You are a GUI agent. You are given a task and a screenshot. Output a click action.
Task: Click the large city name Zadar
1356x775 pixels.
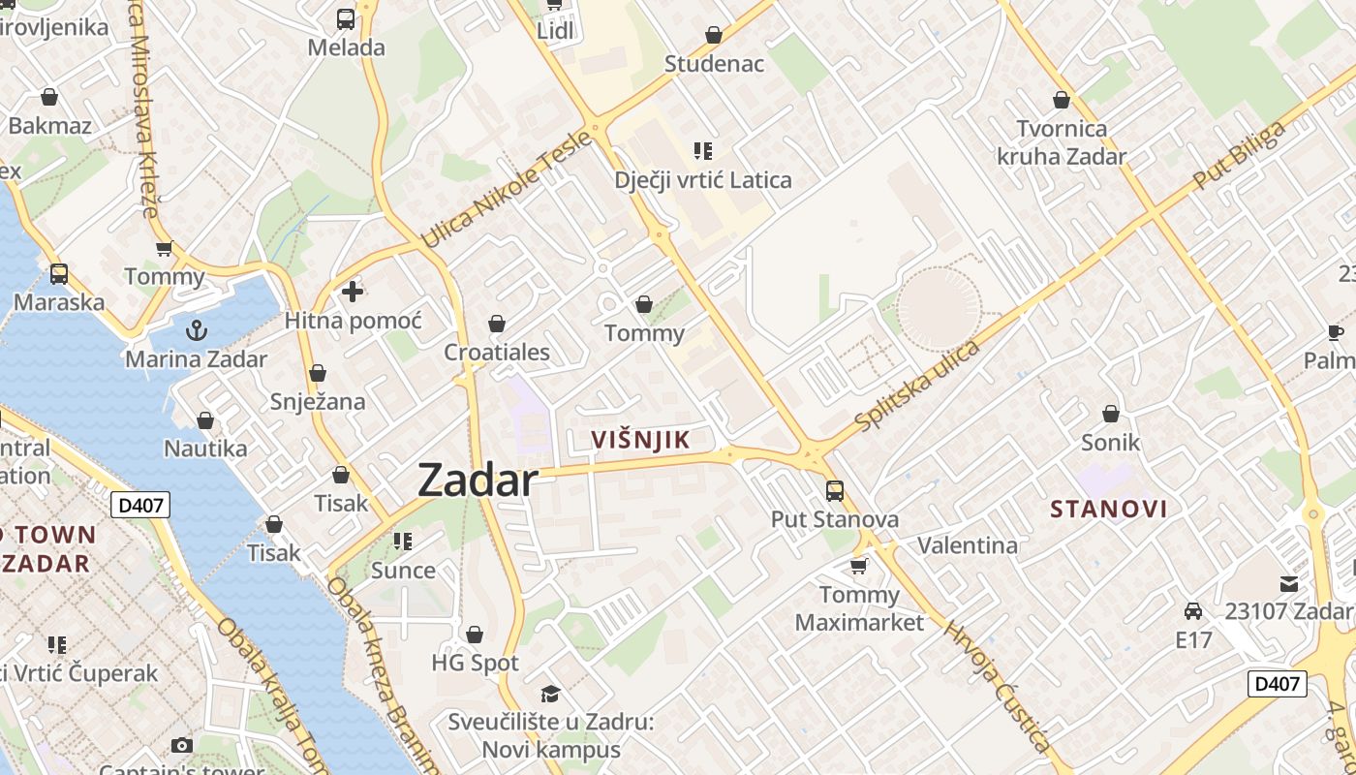coord(478,480)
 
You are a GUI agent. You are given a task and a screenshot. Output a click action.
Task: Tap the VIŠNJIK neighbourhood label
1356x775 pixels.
coord(641,440)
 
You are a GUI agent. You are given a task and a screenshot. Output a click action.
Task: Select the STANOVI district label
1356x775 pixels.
coord(1108,509)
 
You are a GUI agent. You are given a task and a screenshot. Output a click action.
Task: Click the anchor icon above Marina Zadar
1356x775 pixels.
coord(197,330)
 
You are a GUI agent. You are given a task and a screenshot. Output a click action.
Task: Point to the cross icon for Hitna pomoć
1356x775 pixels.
coord(353,291)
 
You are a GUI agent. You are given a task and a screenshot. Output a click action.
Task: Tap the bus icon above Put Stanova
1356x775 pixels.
coord(834,491)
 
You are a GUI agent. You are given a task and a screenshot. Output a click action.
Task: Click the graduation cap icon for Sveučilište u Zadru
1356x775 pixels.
coord(550,694)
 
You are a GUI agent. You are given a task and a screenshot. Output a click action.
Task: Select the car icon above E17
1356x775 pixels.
coord(1193,611)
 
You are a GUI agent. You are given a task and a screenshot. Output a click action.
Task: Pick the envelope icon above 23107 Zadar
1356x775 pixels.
coord(1288,584)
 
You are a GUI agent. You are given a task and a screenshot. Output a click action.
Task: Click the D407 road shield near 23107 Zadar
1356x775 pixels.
coord(1277,684)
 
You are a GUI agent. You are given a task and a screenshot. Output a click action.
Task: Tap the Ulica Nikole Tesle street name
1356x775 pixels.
coord(506,189)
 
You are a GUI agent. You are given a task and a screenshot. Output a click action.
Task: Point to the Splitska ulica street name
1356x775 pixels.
coord(917,385)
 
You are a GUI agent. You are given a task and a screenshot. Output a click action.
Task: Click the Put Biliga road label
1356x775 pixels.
coord(1240,156)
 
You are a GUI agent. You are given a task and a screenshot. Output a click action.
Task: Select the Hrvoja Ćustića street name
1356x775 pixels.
coord(997,685)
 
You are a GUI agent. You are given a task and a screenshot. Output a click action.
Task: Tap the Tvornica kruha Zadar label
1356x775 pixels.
coord(1062,142)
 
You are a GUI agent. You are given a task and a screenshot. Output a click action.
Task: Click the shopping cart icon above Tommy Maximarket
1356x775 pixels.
coord(858,565)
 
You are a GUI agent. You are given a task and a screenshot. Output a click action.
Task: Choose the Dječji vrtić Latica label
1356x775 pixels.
coord(703,180)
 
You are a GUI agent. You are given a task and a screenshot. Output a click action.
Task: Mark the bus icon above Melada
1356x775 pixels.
coord(346,18)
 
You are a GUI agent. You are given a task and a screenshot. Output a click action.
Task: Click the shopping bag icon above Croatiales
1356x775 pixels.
coord(497,323)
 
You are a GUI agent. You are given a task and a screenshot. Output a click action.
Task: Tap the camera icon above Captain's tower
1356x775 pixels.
coord(181,745)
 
